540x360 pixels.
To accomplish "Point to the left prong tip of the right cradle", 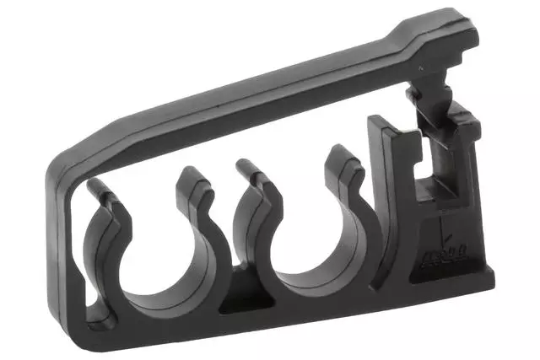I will click(x=247, y=167).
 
